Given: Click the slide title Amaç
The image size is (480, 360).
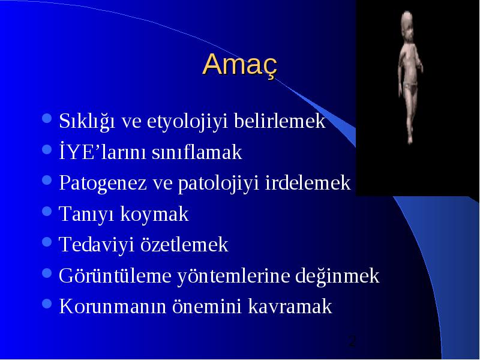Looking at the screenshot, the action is tap(239, 65).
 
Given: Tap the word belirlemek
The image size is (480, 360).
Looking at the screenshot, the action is tap(280, 121).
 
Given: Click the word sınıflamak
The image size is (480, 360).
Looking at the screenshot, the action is tap(197, 152).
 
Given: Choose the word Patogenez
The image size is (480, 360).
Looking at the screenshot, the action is tap(103, 183).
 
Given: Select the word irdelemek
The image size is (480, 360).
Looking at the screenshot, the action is tap(308, 182).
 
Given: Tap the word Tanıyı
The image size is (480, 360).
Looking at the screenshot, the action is tap(86, 214).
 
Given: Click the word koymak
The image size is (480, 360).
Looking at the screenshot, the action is tap(154, 214).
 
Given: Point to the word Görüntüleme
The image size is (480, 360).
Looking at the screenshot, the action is tap(115, 276).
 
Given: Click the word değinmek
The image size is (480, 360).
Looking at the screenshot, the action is tap(337, 276).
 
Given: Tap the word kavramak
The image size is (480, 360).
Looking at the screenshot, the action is tap(290, 306).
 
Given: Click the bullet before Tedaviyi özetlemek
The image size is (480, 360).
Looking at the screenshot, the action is tap(47, 242).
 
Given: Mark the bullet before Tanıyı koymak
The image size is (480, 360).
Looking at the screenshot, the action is tap(47, 211).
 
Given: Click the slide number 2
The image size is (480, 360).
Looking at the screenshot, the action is tap(353, 341).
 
